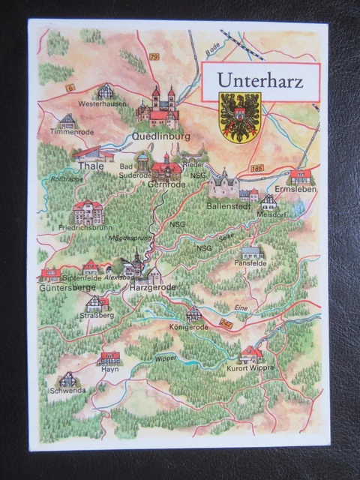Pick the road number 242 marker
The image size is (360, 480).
click(x=226, y=322)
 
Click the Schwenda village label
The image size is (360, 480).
click(x=68, y=391)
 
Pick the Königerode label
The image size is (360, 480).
click(x=193, y=327)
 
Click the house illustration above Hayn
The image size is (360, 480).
click(x=109, y=357)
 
